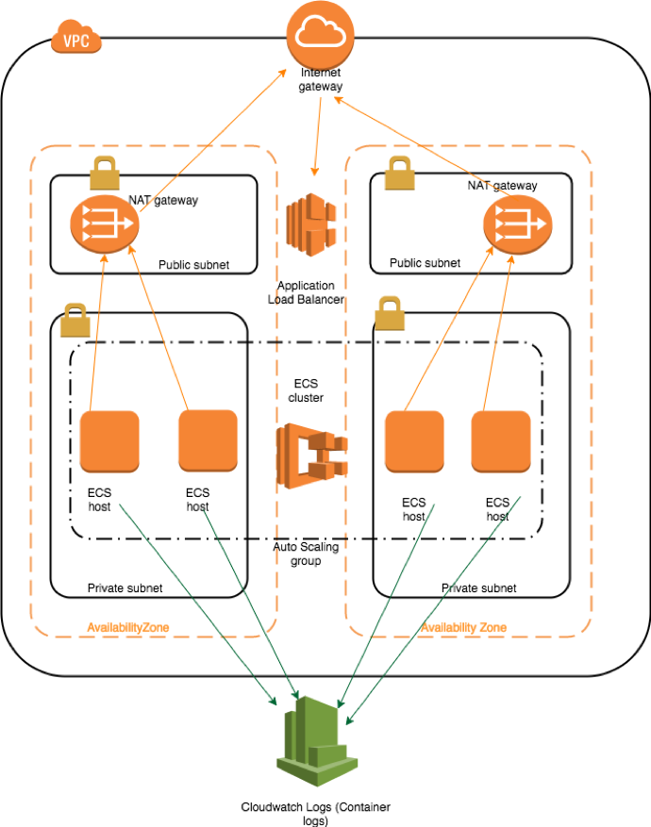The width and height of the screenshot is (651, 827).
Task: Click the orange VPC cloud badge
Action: coord(76,37)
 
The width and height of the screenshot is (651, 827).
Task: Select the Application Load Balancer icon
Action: coord(311,224)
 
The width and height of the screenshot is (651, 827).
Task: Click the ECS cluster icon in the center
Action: coord(311,455)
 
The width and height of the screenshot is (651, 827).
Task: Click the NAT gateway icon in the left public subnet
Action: coord(105,224)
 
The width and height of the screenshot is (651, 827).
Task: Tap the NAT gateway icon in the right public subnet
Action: coord(518,224)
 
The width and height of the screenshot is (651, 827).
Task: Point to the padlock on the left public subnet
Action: coord(105,173)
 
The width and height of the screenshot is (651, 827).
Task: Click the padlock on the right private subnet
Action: coord(390,313)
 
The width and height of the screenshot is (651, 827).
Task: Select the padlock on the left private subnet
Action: coord(75,321)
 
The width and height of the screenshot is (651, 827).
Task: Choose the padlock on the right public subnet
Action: coord(399,173)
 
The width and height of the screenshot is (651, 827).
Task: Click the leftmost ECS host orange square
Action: coord(109,441)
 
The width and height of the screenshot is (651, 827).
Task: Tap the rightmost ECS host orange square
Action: coord(501,441)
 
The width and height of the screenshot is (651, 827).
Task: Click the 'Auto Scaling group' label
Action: coord(306,554)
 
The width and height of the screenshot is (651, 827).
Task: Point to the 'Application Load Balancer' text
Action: coord(306,292)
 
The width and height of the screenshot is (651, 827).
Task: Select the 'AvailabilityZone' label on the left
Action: coord(128,627)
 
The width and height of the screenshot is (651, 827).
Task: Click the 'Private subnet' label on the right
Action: coord(479,588)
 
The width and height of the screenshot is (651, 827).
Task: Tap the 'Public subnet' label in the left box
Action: coord(194,265)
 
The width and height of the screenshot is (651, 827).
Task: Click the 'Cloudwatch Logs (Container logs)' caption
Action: coord(315,813)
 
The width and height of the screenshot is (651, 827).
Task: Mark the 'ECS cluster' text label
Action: coord(306,390)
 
